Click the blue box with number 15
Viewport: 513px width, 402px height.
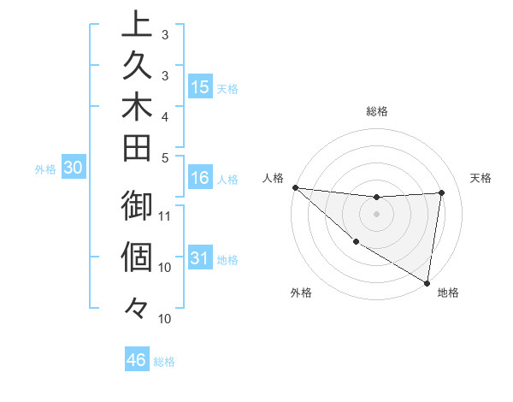[x=200, y=87]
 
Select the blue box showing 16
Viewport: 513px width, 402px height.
[x=200, y=179]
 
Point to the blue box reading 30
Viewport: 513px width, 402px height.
[x=74, y=168]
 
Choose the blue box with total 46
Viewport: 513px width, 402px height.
[x=137, y=360]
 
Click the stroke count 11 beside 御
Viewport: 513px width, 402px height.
[x=166, y=216]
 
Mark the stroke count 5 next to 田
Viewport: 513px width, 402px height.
[x=165, y=157]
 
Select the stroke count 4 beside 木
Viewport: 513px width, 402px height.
[x=165, y=115]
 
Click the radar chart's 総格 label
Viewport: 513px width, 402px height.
[x=376, y=110]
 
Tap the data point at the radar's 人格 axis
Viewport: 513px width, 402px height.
[x=295, y=186]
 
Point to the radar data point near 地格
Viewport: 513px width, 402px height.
[x=427, y=281]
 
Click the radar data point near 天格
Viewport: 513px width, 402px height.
[x=442, y=192]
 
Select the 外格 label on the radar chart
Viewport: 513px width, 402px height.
[x=301, y=293]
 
